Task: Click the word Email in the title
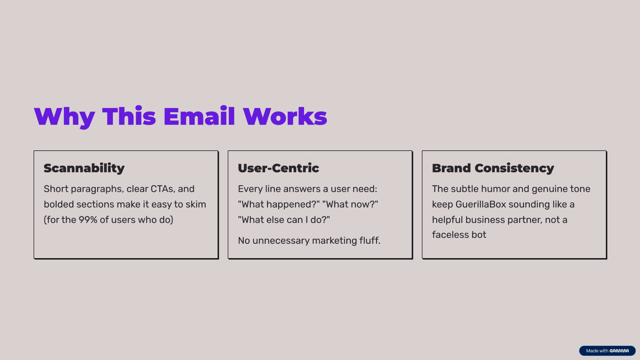click(x=199, y=116)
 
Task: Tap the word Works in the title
click(x=285, y=116)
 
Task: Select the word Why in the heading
click(x=64, y=117)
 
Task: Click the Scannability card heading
click(x=84, y=168)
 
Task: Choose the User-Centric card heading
click(x=278, y=168)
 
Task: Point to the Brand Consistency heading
click(x=493, y=168)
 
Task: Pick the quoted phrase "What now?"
click(x=350, y=204)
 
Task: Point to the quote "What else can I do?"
click(x=284, y=220)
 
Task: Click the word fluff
click(x=370, y=240)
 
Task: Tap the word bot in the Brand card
click(x=479, y=235)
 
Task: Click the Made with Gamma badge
click(x=607, y=351)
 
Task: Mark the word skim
click(x=196, y=204)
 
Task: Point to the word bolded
click(x=59, y=204)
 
